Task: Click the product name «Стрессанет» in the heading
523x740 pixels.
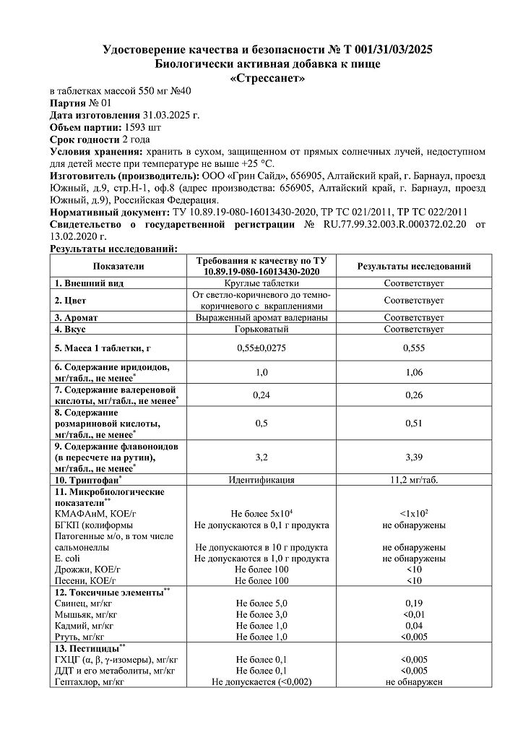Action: pos(268,78)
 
